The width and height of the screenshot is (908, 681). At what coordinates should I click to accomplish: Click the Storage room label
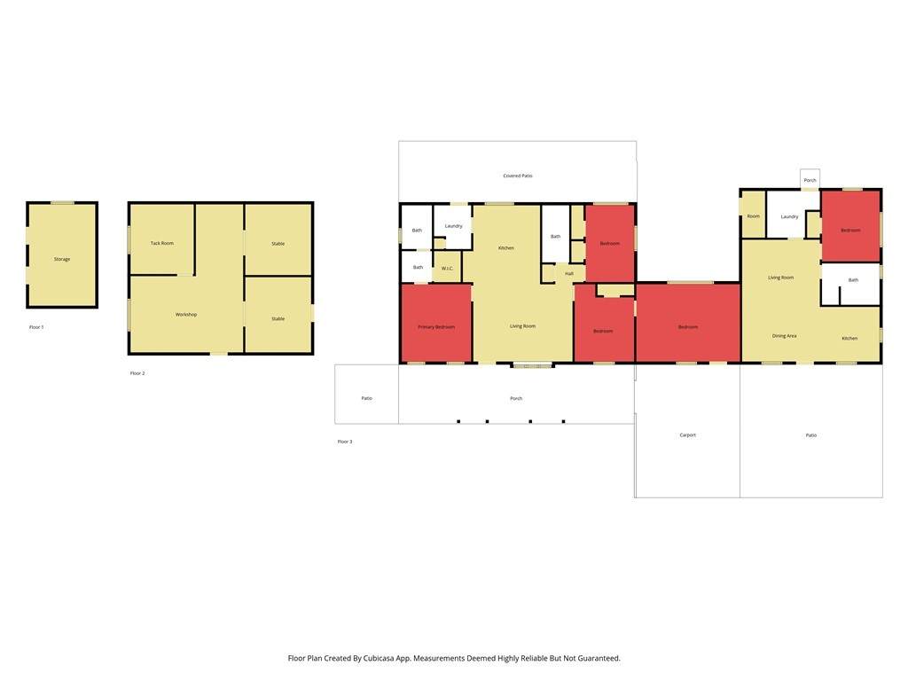62,260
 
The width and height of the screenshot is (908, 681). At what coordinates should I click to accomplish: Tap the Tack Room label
162,243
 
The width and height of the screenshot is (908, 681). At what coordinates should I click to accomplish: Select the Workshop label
186,315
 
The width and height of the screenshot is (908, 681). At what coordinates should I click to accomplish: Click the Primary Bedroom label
436,327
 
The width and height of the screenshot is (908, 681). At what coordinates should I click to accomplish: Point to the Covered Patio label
518,176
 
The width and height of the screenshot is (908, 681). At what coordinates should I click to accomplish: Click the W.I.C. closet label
447,269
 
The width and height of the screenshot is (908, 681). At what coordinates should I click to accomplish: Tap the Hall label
569,273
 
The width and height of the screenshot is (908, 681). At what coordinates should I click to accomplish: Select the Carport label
688,434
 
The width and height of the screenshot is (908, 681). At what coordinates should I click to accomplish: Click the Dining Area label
784,336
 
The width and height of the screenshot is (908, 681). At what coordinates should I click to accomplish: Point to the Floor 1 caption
36,327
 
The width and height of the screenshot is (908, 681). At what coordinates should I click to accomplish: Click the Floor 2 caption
137,373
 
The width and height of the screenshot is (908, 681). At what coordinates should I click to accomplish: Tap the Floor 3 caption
345,442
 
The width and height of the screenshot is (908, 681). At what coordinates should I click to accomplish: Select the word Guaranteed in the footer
599,659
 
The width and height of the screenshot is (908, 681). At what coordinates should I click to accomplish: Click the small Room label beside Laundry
754,216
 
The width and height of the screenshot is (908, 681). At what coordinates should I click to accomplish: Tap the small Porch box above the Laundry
810,179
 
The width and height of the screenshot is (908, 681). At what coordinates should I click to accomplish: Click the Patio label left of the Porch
366,398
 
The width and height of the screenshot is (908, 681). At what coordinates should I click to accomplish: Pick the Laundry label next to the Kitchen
453,226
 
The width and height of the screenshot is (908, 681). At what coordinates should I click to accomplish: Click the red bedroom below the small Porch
850,226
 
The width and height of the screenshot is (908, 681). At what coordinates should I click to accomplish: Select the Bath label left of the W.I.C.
419,268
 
